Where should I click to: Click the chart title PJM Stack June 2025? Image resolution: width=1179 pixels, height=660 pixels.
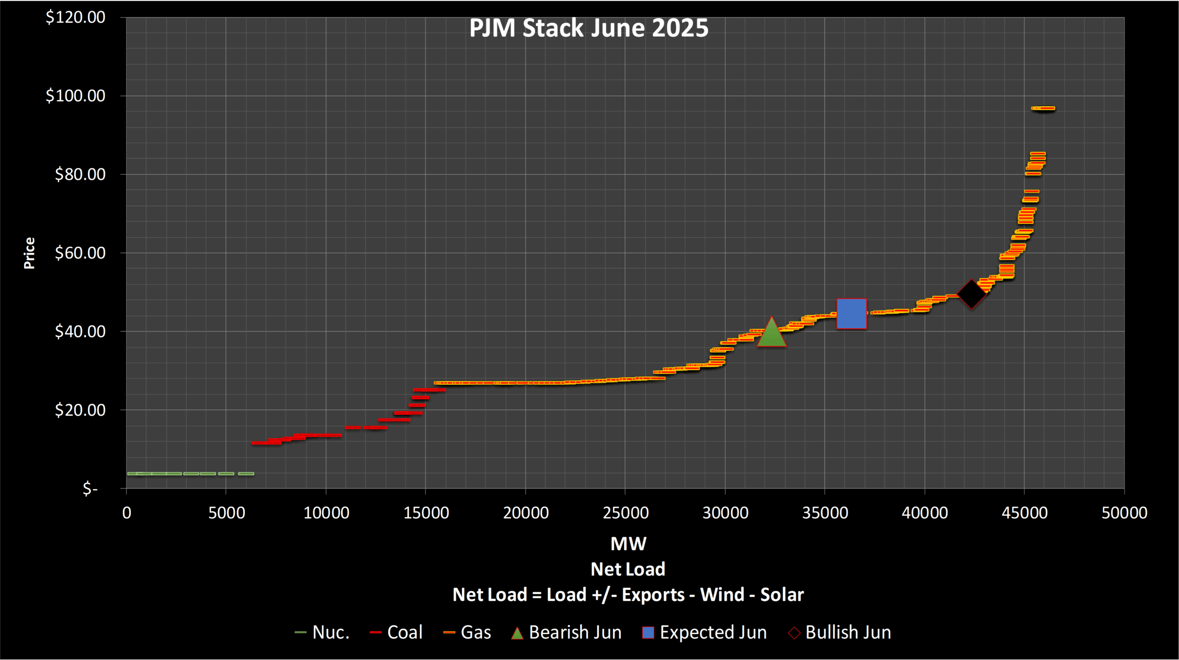click(589, 29)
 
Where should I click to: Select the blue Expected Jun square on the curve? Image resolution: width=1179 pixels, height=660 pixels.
click(852, 314)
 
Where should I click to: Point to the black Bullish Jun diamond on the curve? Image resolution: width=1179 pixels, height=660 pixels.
click(971, 294)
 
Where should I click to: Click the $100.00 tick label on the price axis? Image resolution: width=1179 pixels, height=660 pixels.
click(76, 96)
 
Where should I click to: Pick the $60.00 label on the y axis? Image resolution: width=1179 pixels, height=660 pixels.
click(80, 253)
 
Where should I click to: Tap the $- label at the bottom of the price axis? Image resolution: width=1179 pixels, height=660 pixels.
click(90, 489)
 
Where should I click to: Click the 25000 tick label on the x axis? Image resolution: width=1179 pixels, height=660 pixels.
click(625, 513)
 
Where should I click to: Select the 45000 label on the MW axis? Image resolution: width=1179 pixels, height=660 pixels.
click(1025, 513)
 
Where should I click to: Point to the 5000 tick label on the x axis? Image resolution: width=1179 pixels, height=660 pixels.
click(226, 513)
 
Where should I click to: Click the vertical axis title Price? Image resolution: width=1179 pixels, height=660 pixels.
click(29, 253)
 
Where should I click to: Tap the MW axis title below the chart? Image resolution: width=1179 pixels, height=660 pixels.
click(628, 544)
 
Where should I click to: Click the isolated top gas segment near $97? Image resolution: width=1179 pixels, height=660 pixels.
click(1043, 109)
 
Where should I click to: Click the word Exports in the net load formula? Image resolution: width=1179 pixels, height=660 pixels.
click(653, 595)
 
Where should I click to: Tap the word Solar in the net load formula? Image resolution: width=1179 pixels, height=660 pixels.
click(782, 595)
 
